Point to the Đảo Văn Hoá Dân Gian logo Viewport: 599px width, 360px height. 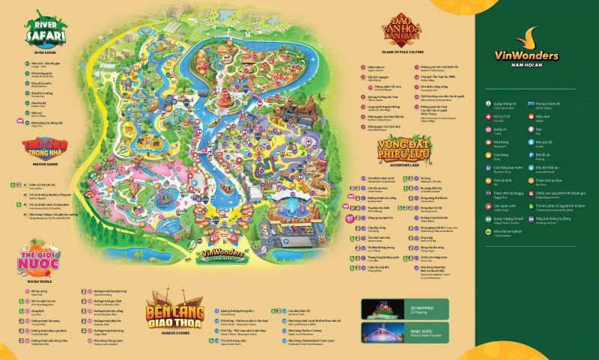tap(399, 30)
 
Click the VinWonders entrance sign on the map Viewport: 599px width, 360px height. tap(222, 253)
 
